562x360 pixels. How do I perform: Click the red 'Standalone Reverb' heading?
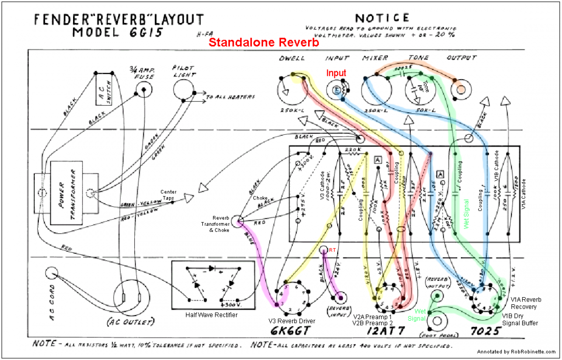click(264, 42)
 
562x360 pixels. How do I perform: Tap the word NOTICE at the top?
click(382, 18)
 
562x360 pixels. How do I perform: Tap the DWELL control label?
click(292, 58)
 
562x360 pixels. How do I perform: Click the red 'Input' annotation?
click(336, 73)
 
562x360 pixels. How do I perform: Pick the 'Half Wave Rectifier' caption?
click(211, 315)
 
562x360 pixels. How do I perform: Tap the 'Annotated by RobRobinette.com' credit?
click(517, 352)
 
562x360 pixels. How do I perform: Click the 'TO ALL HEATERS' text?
click(230, 97)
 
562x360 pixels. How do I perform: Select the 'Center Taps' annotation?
click(168, 195)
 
